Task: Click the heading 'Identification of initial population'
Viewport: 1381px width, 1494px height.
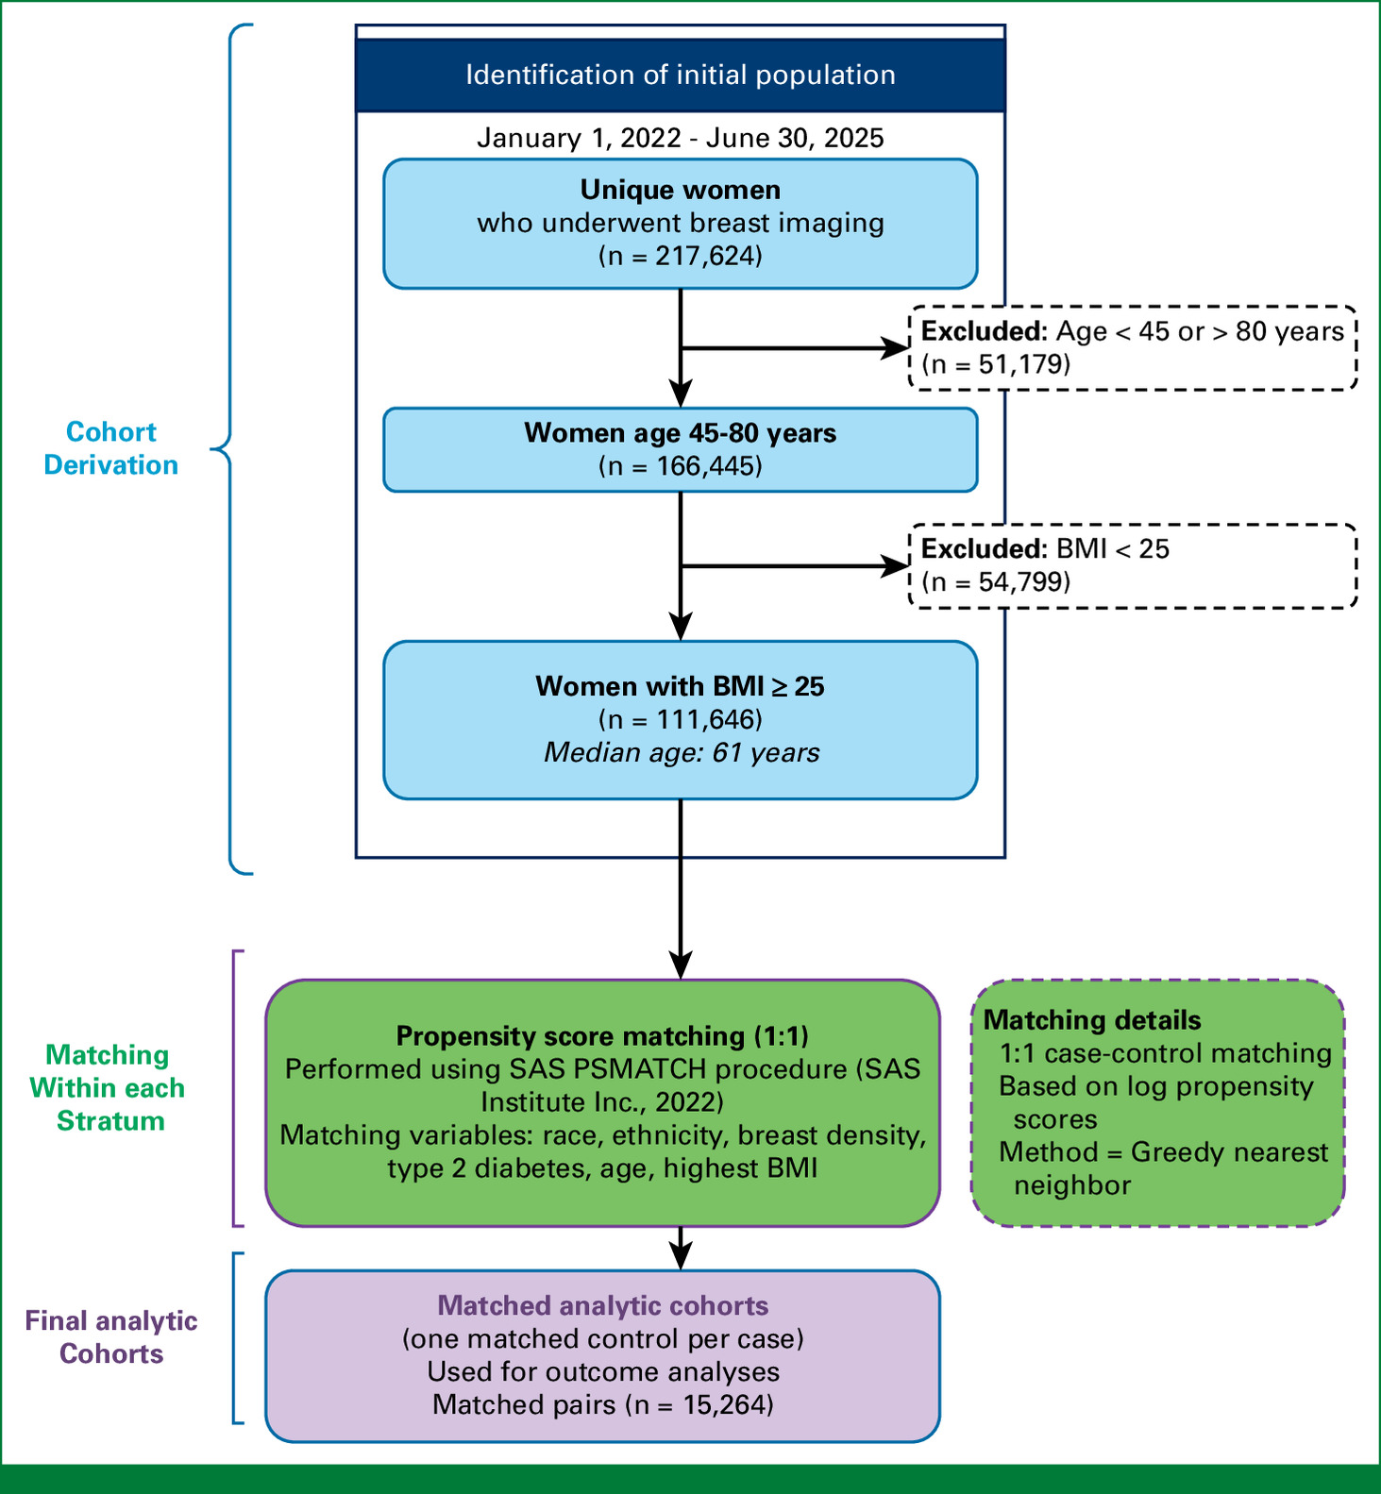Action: pos(681,76)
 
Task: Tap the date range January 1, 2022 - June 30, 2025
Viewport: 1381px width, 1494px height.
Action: pos(681,138)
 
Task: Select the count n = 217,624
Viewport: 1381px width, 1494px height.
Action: pos(681,256)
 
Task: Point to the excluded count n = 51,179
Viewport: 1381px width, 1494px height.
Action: pos(996,364)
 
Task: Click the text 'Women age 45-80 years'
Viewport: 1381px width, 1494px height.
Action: pos(681,433)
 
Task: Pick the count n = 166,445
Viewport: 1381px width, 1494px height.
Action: pos(681,466)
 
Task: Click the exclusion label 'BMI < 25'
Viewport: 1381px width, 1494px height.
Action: pos(1113,549)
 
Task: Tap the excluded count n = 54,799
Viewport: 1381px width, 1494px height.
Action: pos(996,581)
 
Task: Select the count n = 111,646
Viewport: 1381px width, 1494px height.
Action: pos(681,720)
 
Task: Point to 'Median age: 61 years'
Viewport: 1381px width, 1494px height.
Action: pos(682,753)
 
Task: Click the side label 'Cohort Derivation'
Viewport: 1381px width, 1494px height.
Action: pos(111,448)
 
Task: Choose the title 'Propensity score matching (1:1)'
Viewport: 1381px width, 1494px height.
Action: pos(602,1036)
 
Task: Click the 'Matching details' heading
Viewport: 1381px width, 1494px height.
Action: pos(1092,1020)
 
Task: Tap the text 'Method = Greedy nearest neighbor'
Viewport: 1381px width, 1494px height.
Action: pos(1164,1168)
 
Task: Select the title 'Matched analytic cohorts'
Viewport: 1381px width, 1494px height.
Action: pos(603,1306)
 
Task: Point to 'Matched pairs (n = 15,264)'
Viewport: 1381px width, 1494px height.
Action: pos(603,1405)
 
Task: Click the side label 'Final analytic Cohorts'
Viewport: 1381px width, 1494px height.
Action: pos(111,1337)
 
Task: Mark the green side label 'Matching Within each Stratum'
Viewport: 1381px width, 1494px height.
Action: pos(108,1088)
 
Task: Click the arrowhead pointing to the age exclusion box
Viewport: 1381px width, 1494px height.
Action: pos(894,348)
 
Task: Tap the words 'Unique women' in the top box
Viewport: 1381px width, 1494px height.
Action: pos(681,190)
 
